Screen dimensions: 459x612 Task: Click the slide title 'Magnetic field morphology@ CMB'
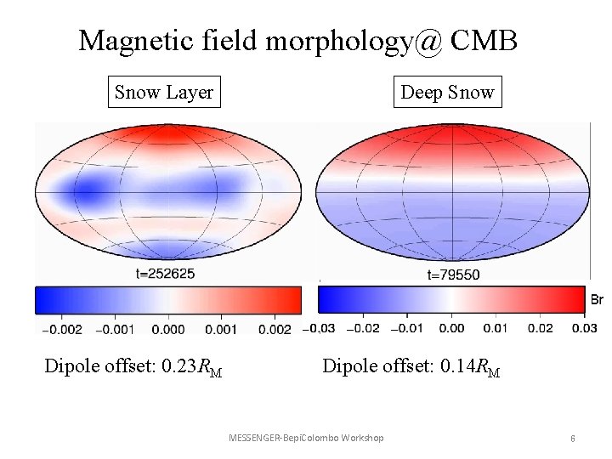297,40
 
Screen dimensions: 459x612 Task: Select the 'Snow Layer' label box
164,92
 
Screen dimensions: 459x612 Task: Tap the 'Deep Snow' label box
447,92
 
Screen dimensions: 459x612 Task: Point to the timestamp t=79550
454,274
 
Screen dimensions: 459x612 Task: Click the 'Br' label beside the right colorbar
597,299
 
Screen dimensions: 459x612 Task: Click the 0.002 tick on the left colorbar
274,329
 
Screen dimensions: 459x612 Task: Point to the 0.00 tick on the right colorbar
453,329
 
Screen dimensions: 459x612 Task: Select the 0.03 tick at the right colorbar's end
584,329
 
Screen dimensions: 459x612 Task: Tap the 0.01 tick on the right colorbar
496,329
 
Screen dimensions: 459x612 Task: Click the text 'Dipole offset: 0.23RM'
133,367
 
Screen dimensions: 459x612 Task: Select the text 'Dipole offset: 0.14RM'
411,367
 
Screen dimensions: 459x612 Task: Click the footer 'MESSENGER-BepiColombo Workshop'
306,438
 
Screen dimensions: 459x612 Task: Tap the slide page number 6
573,438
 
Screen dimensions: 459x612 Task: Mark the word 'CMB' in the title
484,40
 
